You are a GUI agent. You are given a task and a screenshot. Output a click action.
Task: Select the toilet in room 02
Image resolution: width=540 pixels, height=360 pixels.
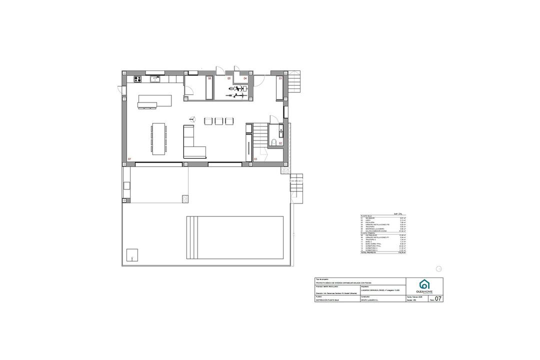tap(274, 143)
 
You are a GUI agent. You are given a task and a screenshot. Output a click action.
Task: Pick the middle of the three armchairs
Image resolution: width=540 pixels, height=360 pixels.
tap(219, 121)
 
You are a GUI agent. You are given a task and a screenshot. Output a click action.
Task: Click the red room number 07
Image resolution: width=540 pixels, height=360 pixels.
tap(129, 159)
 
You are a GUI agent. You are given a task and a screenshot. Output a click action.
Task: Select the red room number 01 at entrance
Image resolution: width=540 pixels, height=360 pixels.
tap(280, 78)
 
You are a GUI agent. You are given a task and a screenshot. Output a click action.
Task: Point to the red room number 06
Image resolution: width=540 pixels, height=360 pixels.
tap(209, 78)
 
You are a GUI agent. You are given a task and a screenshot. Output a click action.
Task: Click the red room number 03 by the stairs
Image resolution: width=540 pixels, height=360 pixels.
tap(255, 159)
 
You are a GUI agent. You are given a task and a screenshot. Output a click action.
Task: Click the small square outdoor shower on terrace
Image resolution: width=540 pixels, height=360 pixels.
tap(132, 255)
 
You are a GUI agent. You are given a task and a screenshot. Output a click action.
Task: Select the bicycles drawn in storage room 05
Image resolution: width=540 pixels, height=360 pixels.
tap(237, 90)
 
